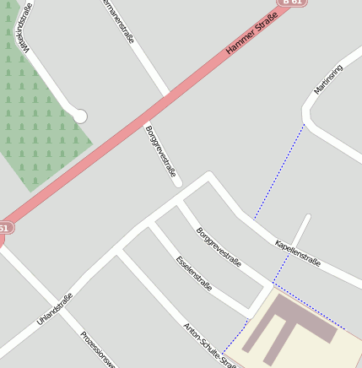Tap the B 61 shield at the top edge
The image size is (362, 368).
293,3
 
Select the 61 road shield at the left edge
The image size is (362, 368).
5,228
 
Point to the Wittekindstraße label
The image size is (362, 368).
23,28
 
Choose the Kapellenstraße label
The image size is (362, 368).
297,254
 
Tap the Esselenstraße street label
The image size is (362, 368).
193,273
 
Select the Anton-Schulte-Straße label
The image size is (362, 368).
209,345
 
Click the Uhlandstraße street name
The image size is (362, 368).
55,310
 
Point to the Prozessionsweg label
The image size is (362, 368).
98,349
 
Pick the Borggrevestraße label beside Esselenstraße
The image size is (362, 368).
218,246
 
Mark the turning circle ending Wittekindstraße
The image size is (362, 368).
81,116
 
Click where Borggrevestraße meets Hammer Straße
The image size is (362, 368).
167,94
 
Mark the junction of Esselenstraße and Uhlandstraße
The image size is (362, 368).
152,224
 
